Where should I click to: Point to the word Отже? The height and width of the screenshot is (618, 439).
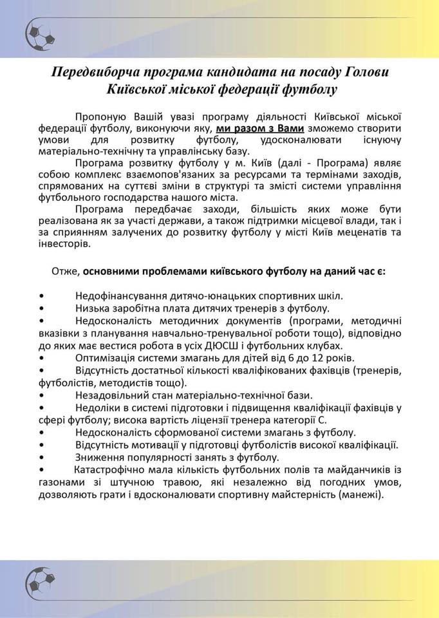[x=64, y=271]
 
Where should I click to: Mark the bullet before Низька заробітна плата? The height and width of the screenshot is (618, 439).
[x=42, y=308]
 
